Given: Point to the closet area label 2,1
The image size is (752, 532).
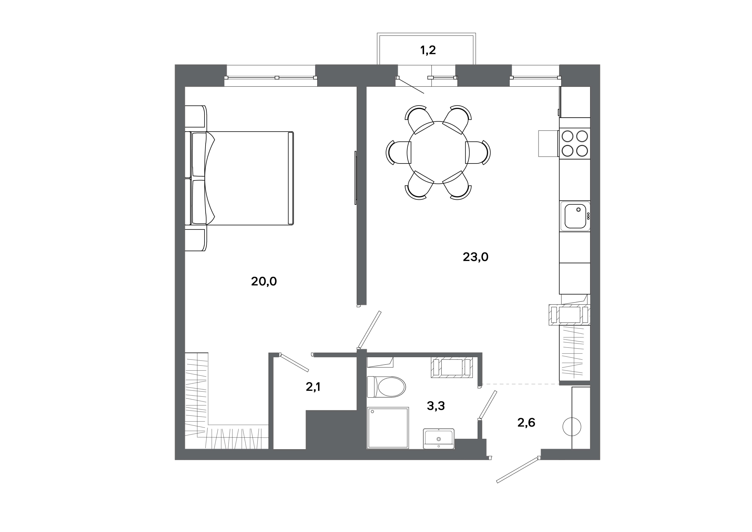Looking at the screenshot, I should [x=313, y=387].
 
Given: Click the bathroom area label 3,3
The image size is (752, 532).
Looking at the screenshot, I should [x=436, y=406].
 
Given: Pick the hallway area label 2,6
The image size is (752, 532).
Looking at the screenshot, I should [x=526, y=423].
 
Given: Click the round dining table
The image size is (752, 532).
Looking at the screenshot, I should [x=438, y=153].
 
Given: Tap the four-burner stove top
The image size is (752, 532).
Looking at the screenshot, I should [x=575, y=143].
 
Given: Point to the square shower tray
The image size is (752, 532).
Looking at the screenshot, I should [x=388, y=428].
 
